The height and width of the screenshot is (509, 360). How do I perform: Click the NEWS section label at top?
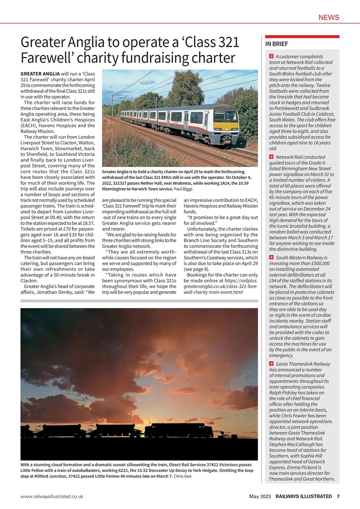[329, 17]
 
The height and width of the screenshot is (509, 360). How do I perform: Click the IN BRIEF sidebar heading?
[276, 44]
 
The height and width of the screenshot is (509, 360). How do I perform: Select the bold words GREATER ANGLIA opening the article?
[39, 74]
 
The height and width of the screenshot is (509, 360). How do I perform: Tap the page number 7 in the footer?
[338, 496]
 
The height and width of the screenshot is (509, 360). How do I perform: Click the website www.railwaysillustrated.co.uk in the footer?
[52, 496]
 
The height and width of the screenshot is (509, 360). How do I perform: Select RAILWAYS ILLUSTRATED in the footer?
[304, 496]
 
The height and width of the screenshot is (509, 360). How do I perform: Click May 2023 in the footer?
[260, 496]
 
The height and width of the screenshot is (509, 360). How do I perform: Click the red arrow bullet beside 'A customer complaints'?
[271, 56]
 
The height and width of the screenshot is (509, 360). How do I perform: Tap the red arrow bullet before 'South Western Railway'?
[271, 258]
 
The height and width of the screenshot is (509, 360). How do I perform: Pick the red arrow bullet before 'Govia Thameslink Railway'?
[271, 364]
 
